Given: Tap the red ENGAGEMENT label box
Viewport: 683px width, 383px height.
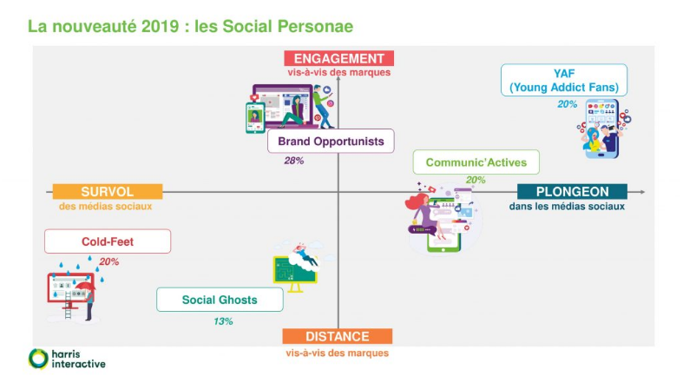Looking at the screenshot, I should tap(338, 58).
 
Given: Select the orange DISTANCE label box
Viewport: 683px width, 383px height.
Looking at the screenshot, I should tap(338, 337).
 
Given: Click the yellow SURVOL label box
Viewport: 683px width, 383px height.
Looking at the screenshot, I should tap(107, 191).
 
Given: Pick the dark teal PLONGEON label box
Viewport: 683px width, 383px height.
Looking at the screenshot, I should tap(571, 191).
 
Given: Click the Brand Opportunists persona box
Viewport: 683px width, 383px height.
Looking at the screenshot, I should tap(331, 141).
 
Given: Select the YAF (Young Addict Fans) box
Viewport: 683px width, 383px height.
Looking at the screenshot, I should tap(563, 80).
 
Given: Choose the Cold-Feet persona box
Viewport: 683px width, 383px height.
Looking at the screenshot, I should tap(108, 241).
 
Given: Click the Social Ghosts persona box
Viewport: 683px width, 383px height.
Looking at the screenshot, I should tap(220, 300).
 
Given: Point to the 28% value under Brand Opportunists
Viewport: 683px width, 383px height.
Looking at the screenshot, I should tap(294, 161).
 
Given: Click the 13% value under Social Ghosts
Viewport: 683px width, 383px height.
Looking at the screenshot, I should tap(223, 321).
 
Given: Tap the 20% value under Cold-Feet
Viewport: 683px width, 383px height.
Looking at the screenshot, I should tap(109, 261).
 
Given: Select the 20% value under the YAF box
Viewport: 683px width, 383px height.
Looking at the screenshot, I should tap(567, 104).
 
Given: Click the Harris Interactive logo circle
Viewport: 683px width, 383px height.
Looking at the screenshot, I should tap(39, 358).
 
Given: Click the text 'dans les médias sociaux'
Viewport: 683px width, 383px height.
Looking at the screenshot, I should tap(567, 207).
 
